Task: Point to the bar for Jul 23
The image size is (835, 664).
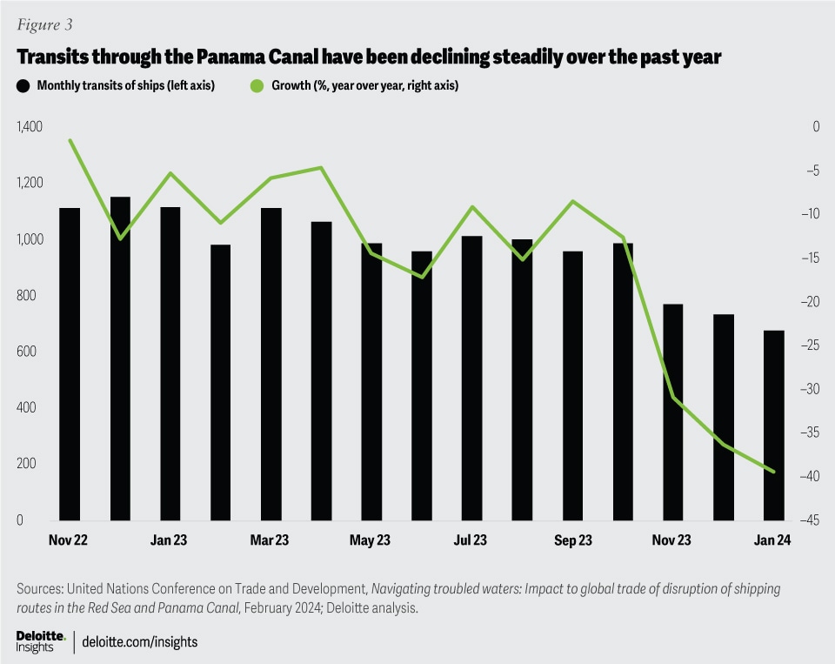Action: click(x=472, y=378)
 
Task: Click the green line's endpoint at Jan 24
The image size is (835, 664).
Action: click(x=774, y=472)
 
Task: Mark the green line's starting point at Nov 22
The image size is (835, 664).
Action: click(x=70, y=140)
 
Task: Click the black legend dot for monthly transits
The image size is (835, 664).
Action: click(x=22, y=86)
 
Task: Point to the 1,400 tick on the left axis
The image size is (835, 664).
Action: click(x=29, y=127)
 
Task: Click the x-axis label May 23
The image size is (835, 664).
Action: click(x=370, y=541)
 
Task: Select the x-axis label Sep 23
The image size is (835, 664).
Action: click(x=572, y=541)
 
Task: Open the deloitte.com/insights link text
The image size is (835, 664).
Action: click(x=140, y=642)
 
